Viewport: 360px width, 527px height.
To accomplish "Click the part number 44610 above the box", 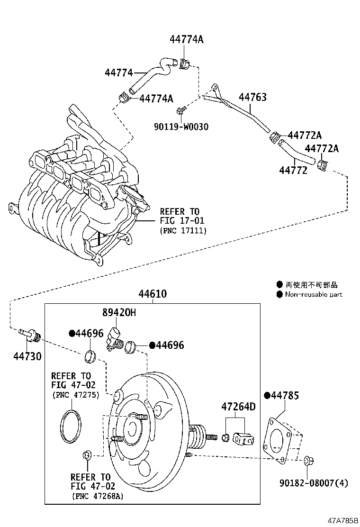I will pos(152,294).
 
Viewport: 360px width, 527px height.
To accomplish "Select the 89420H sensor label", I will pos(119,312).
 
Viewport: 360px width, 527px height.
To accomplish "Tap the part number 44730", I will pos(27,356).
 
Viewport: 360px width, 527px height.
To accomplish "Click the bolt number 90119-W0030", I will pos(181,127).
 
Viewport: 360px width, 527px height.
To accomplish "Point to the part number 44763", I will pos(252,97).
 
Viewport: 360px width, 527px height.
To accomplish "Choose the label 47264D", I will pos(238,407).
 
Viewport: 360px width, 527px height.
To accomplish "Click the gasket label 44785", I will pos(284,395).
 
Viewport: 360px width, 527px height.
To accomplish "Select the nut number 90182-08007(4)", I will pos(313,483).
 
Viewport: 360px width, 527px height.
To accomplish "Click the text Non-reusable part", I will pos(313,294).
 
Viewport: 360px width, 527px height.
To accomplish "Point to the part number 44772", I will pos(293,170).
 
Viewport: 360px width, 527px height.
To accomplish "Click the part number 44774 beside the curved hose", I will pos(118,73).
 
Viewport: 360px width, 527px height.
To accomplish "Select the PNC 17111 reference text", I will pos(183,231).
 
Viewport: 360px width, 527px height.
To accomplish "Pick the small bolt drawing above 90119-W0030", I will pos(180,111).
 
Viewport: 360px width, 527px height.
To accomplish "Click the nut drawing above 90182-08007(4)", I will pos(308,460).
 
